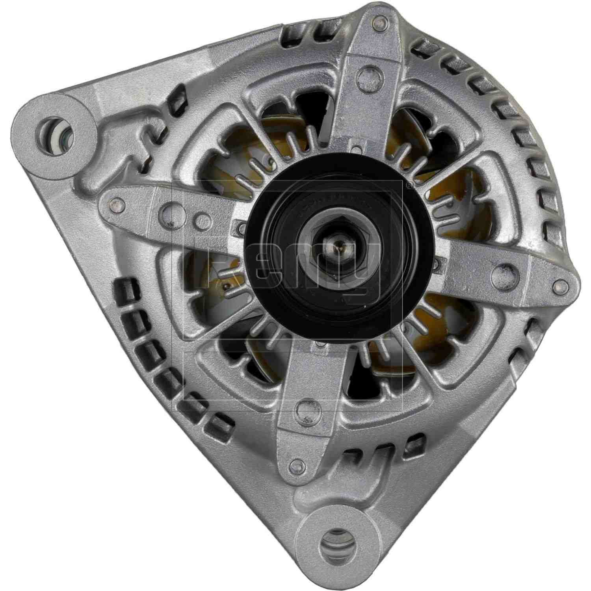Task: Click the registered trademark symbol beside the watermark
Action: pos(409,184)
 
